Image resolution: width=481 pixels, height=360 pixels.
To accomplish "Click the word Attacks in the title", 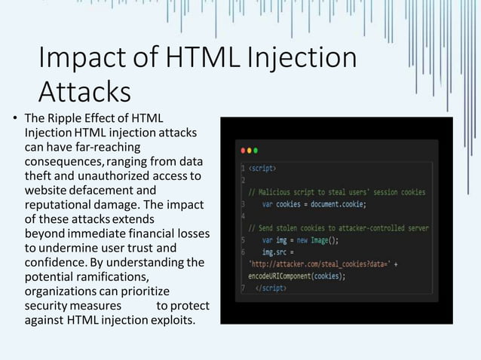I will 84,92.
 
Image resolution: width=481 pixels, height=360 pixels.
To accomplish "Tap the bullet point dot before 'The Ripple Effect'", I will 14,119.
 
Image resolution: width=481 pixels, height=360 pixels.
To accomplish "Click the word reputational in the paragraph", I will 57,205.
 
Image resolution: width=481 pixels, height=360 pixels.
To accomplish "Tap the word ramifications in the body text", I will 102,276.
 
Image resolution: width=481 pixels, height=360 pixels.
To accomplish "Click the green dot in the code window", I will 256,149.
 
